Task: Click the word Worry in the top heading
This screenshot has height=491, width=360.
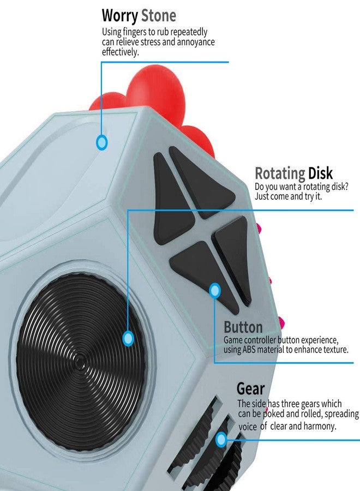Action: (x=120, y=16)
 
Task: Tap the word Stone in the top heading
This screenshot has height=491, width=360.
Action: (x=159, y=15)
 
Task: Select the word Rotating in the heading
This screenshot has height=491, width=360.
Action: (x=280, y=173)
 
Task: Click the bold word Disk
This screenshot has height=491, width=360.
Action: (x=320, y=173)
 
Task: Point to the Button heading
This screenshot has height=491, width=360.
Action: (x=243, y=327)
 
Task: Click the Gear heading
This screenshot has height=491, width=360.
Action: (x=251, y=388)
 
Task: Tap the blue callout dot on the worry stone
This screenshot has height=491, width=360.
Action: (x=101, y=142)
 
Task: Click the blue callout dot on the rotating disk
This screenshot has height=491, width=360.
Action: (x=128, y=338)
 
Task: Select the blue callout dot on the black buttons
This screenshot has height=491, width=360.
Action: (x=215, y=291)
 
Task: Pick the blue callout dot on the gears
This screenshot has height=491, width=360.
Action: (x=221, y=439)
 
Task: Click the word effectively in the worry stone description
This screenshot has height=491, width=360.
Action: (x=120, y=52)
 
